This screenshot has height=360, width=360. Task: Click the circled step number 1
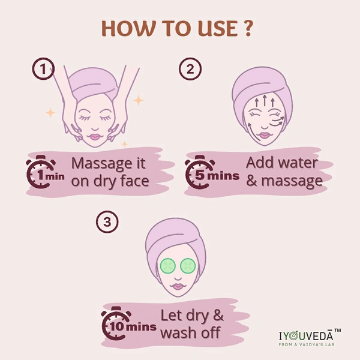point(43,68)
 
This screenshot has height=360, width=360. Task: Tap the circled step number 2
point(190,68)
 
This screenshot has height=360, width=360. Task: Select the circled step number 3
point(107,222)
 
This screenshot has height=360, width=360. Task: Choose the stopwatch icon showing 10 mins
point(116,323)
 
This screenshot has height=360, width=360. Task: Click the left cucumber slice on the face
point(168,266)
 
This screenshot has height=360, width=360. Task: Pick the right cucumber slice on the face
point(188,266)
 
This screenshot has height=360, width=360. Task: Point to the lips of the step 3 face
point(178,286)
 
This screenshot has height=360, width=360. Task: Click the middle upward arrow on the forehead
point(265,100)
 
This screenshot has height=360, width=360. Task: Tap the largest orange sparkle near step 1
point(139,100)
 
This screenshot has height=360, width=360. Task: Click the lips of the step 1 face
point(95,137)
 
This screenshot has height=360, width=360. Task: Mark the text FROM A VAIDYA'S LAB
point(307,344)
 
